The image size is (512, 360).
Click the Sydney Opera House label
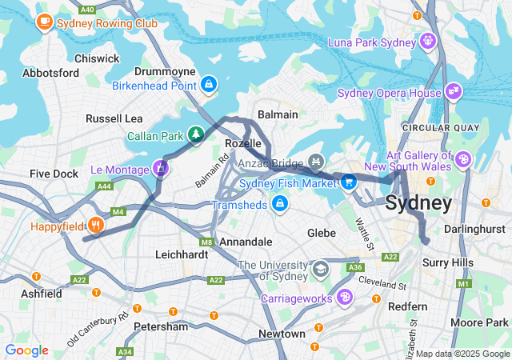pos(390,93)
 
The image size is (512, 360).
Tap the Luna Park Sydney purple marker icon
pos(428,40)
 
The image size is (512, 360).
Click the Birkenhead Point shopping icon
pos(209,83)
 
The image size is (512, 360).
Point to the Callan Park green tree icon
pos(194,134)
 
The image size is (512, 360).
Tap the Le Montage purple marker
pos(161,169)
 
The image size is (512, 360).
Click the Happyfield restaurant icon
pos(96,226)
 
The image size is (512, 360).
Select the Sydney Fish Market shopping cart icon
pos(348,182)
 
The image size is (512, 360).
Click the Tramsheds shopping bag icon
pos(279,205)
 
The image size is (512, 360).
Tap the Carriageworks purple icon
pos(345,298)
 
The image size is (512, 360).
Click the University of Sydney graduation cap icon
pos(321,268)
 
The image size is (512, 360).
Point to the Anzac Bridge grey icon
pos(316,162)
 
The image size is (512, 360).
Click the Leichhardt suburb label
pos(181,254)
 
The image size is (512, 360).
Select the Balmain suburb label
pos(277,114)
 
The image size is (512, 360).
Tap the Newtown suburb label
pos(282,333)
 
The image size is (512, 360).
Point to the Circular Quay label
pos(441,127)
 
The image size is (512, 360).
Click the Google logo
pos(26,350)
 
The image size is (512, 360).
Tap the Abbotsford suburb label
pos(51,73)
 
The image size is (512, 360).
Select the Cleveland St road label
pos(382,283)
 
